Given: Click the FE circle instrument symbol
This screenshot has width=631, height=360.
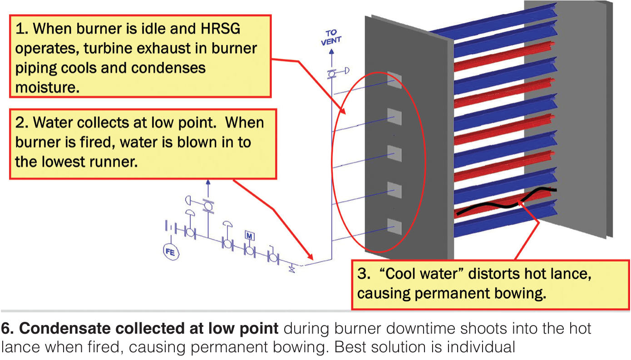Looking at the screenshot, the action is coord(171,252).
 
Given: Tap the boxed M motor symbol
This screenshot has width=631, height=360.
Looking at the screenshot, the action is coord(249,236).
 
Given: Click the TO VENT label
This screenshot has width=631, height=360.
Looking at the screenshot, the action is coord(331,38).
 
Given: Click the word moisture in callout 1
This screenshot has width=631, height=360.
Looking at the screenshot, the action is coord(47,87).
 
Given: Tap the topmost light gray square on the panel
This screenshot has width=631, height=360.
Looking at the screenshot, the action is coord(394,80).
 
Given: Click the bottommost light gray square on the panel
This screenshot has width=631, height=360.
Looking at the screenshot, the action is coord(394,226).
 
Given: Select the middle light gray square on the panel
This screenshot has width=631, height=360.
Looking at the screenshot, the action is coord(394,153).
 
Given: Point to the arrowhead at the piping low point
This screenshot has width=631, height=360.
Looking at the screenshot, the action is coord(310,256).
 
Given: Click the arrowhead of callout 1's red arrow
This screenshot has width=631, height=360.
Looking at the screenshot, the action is coord(342,110).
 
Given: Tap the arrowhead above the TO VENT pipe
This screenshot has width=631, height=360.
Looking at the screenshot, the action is coord(331,52).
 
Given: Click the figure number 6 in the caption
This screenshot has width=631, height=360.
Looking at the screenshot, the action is coord(6,329).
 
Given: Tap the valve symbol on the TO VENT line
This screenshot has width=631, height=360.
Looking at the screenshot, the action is coord(332,74).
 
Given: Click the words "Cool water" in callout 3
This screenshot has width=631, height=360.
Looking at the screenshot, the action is coord(422,274).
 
